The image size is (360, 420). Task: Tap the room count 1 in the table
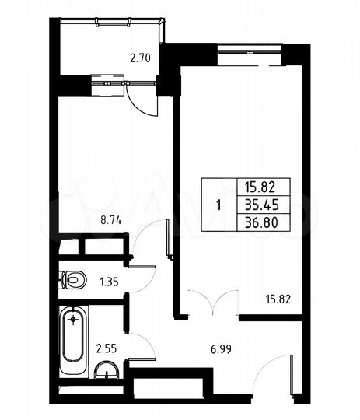point(218,205)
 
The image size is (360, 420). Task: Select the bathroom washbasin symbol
point(105,373)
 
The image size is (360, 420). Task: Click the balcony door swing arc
point(142,99)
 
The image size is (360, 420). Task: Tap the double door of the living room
point(211,303)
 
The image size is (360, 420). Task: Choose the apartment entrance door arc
point(272,372)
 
